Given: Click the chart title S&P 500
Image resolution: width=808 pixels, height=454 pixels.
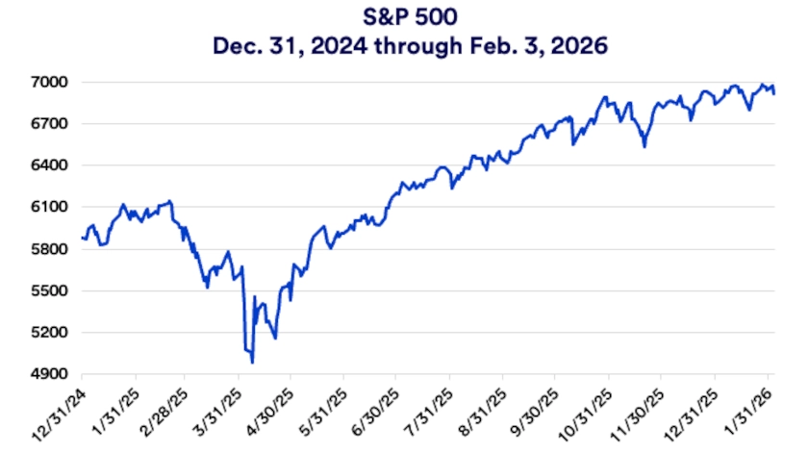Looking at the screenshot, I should (405, 16).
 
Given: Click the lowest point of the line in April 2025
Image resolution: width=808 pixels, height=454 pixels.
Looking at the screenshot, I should (252, 363).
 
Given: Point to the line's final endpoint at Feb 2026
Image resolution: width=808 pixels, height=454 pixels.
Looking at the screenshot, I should (775, 93).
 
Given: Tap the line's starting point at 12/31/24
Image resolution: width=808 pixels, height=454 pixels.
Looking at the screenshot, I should (83, 238).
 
